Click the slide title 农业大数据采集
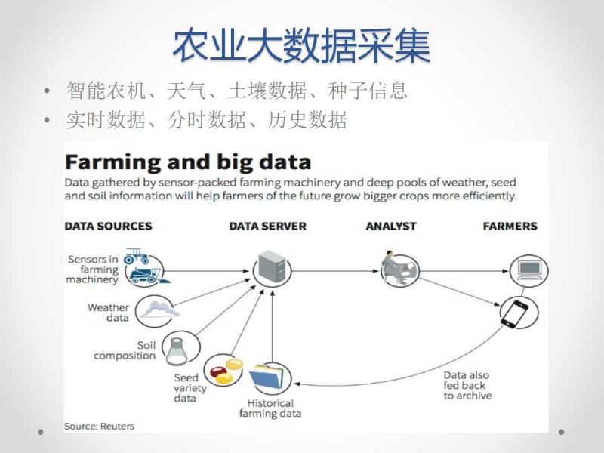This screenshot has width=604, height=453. [x=302, y=47]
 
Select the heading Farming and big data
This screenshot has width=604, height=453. [x=187, y=162]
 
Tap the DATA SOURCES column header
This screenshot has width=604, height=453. [x=108, y=226]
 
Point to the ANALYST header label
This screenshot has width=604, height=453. [x=390, y=226]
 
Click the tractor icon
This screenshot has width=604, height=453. [x=143, y=267]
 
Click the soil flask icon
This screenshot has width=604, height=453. [x=177, y=350]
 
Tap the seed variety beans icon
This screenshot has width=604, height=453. [x=223, y=370]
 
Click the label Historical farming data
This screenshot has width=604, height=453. [x=270, y=408]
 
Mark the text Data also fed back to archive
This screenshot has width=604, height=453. [x=467, y=386]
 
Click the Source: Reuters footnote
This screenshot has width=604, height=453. [x=100, y=426]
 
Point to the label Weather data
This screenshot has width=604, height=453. [x=108, y=313]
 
